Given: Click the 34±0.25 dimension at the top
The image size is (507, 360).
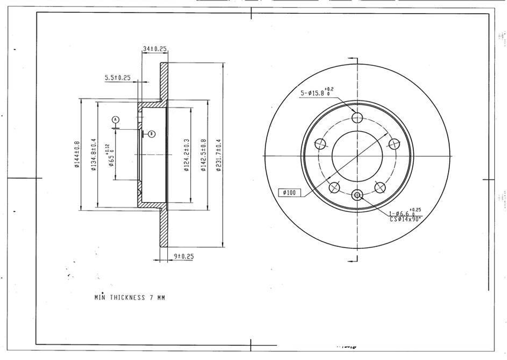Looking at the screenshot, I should (x=155, y=49).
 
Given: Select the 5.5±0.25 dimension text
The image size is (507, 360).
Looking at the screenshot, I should (x=118, y=78).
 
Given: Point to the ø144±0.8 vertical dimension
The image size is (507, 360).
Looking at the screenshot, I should (x=77, y=154).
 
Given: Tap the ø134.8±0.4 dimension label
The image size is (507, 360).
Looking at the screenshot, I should (x=93, y=154).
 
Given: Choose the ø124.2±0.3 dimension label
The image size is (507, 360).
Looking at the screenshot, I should (x=186, y=155).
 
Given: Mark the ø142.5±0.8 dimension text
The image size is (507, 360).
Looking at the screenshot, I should (x=203, y=155).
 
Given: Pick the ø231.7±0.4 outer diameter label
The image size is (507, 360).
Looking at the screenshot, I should (x=219, y=155).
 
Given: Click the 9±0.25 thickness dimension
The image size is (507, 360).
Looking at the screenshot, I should (x=184, y=256).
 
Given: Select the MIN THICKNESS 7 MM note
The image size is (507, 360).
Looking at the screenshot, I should (x=130, y=298).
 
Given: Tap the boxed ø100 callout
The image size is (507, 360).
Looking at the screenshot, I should (x=290, y=193).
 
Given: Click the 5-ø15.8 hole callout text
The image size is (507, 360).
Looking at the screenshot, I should (x=317, y=93).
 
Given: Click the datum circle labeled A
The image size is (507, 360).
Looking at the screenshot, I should (x=116, y=119).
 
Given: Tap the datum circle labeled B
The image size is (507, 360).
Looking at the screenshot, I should (x=151, y=134).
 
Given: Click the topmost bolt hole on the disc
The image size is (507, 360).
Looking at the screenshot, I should (x=357, y=118).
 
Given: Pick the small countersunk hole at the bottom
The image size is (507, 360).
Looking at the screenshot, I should (x=357, y=195).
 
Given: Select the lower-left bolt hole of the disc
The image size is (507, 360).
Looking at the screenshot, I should (x=334, y=188).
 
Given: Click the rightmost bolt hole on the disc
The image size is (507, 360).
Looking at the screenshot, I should (x=395, y=144).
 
